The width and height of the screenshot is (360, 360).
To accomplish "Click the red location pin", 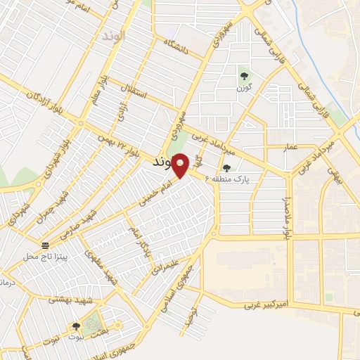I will click(x=181, y=165).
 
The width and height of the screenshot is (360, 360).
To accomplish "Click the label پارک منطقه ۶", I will click(x=232, y=180).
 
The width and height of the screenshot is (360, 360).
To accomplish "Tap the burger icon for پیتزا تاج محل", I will click(x=46, y=245).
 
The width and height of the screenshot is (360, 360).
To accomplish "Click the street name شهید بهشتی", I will click(x=66, y=299).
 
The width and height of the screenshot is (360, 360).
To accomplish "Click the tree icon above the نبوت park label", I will click(x=75, y=326).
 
